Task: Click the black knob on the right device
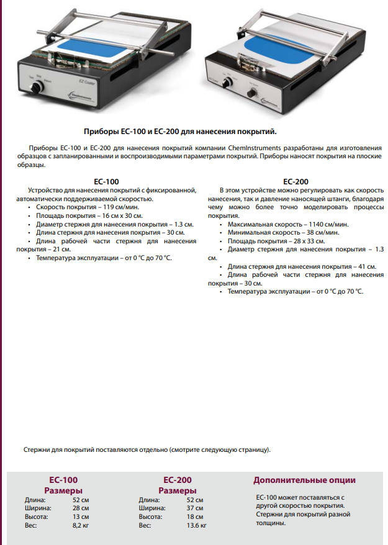pos(252,93)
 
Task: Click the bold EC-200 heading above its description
pos(296,181)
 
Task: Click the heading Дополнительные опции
pos(304,480)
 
